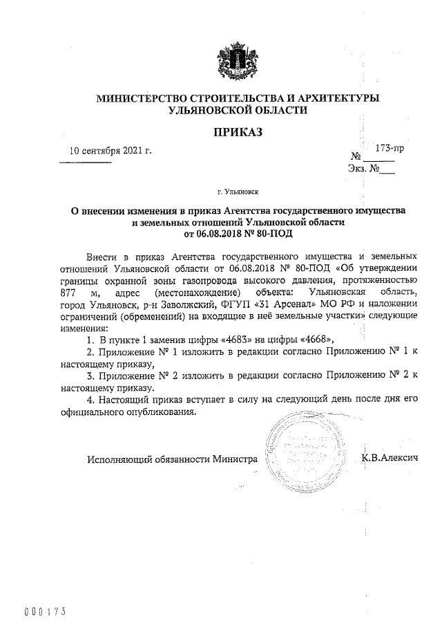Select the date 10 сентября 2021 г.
110,150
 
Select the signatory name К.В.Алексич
391,458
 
